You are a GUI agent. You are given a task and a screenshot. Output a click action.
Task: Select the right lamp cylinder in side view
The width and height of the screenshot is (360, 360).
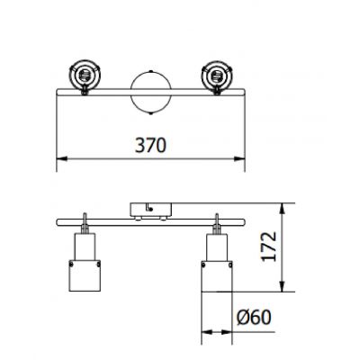point(217,265)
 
